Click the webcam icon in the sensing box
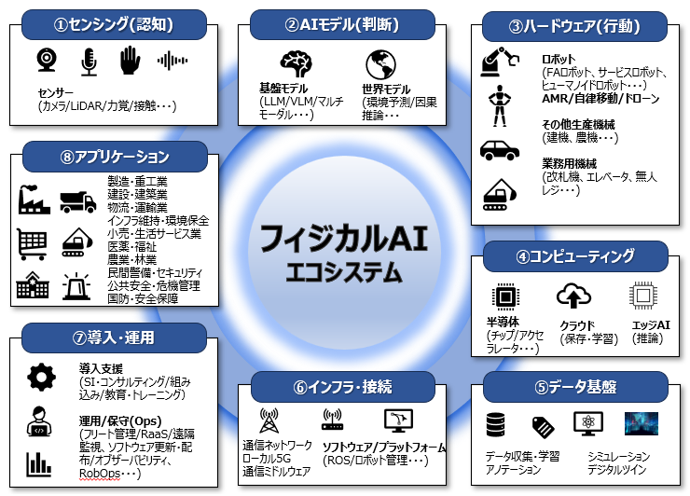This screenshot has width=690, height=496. click(x=47, y=60)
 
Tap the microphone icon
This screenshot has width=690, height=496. click(x=89, y=62)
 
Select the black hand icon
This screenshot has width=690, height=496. click(x=130, y=61)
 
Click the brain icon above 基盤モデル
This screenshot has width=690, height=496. click(x=296, y=63)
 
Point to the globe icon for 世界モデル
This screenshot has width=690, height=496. click(x=381, y=64)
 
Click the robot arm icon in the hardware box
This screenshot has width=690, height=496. click(x=500, y=62)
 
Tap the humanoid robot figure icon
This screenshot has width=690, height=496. click(x=500, y=105)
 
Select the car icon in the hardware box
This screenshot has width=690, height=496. click(x=500, y=150)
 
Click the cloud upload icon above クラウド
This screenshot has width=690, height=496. click(x=573, y=296)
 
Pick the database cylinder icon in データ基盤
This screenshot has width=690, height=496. click(x=495, y=424)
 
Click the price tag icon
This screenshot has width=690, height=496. click(x=543, y=427)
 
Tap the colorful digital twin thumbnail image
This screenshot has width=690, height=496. click(x=642, y=423)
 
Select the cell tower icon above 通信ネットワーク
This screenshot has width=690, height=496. click(x=269, y=420)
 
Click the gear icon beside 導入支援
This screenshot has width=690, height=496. click(x=41, y=378)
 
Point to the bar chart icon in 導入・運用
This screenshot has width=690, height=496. click(x=39, y=464)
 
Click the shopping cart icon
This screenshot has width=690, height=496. click(x=32, y=243)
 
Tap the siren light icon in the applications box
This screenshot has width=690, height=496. click(x=76, y=286)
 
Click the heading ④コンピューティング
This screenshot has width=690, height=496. click(x=575, y=256)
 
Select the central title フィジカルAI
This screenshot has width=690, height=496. click(x=344, y=238)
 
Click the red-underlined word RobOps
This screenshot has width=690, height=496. click(x=100, y=473)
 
